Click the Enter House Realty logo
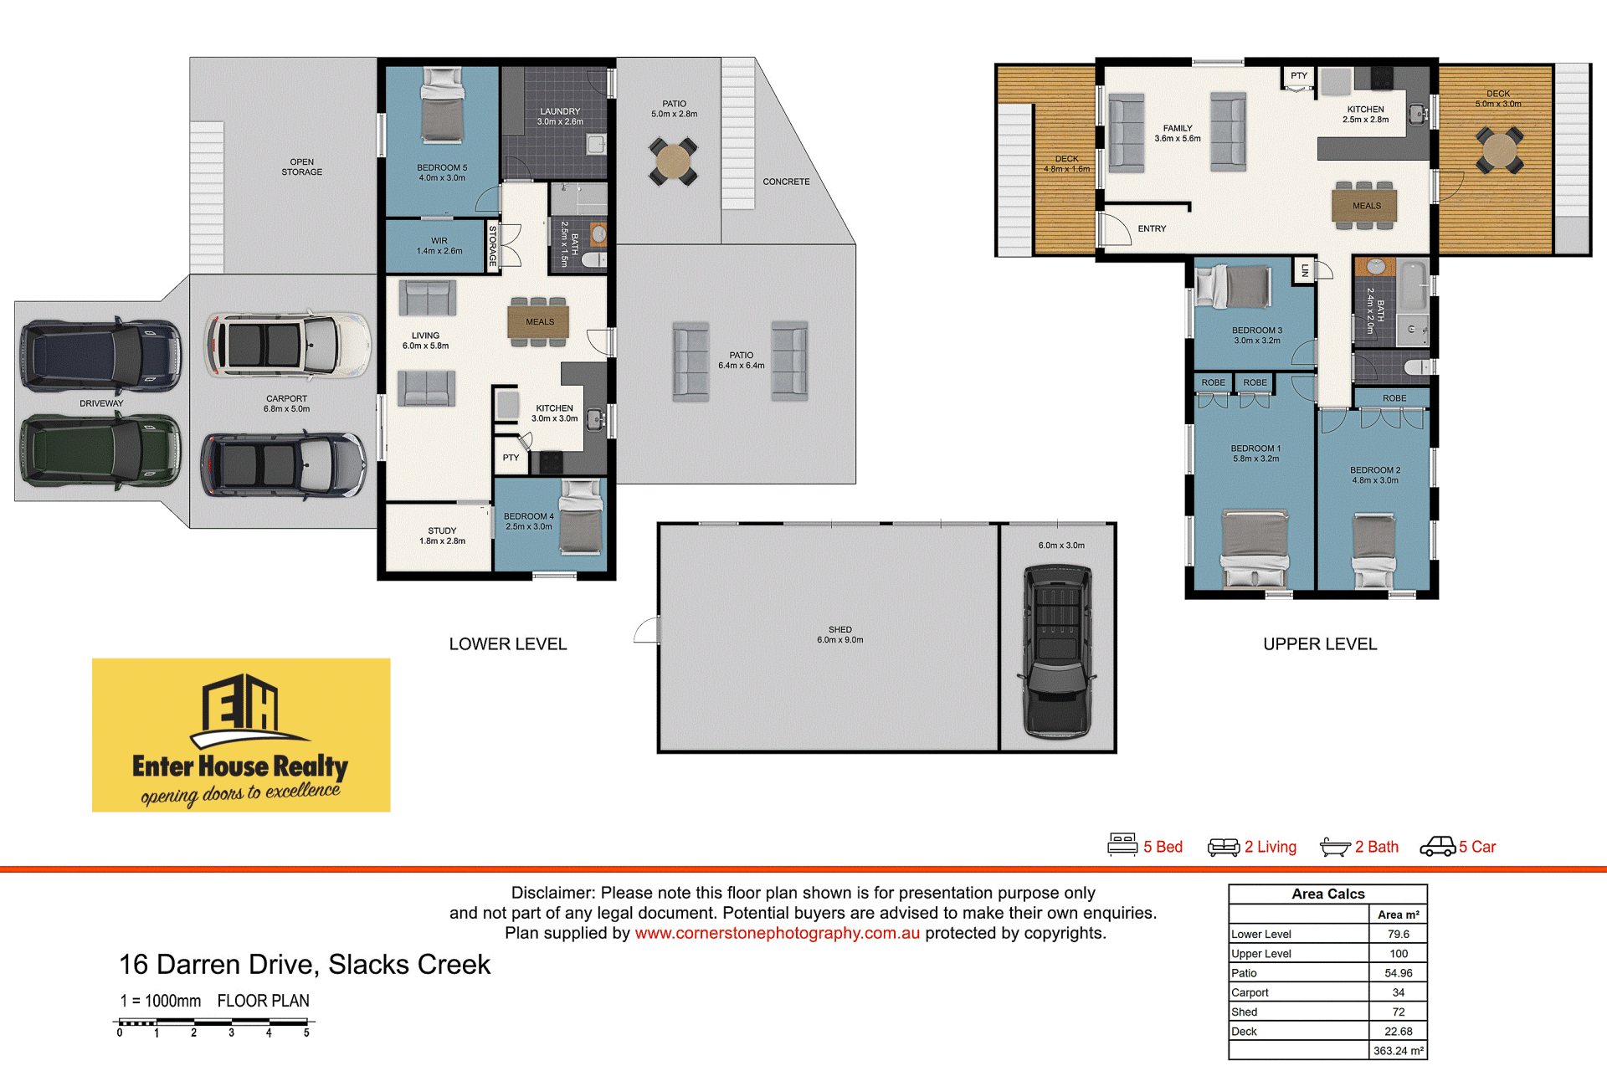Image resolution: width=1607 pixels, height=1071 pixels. pos(241,735)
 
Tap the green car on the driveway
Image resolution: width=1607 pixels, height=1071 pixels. pos(100,450)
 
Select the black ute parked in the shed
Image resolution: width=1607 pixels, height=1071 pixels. pos(1058,652)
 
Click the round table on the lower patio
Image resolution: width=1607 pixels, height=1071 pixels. pos(673,161)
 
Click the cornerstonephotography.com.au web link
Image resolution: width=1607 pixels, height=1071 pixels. pos(777,933)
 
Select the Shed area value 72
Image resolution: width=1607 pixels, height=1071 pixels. pos(1399,1012)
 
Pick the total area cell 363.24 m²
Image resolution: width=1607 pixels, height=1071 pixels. pos(1399,1051)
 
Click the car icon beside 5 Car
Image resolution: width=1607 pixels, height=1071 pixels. pos(1438,847)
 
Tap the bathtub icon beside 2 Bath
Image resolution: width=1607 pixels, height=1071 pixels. pos(1335,848)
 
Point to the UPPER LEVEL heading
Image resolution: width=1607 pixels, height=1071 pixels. pos(1320,644)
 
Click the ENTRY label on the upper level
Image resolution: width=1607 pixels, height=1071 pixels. pos(1152,228)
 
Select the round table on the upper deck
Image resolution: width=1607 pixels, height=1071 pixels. pos(1499,151)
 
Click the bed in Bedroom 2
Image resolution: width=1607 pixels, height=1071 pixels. pos(1374,551)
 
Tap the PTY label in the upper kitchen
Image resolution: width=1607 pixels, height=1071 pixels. pos(1298,75)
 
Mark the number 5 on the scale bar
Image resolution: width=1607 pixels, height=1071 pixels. pos(306,1033)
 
